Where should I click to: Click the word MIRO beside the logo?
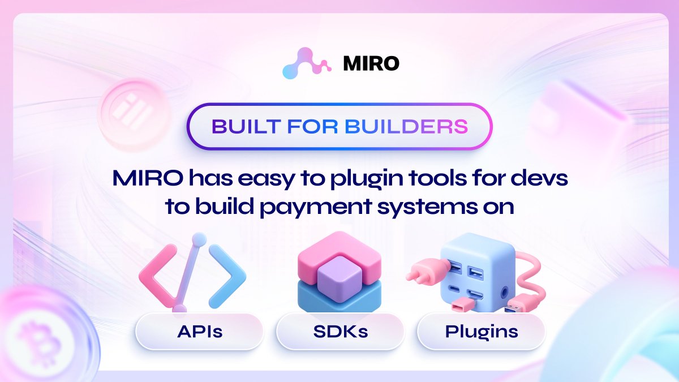pyautogui.click(x=371, y=63)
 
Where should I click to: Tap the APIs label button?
pyautogui.click(x=199, y=331)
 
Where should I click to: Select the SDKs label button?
pyautogui.click(x=340, y=331)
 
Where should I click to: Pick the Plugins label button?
pyautogui.click(x=480, y=331)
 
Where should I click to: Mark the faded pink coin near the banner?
pyautogui.click(x=129, y=108)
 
